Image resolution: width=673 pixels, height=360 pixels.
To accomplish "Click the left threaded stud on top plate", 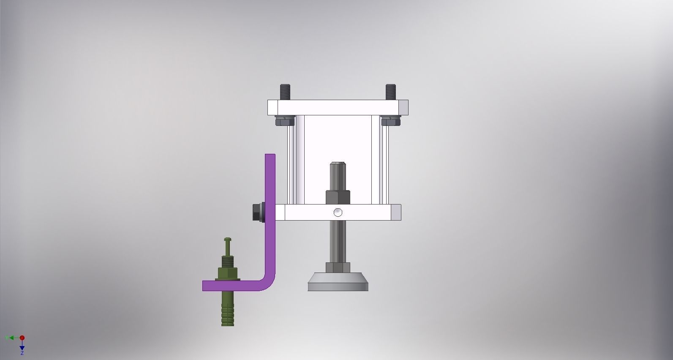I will pyautogui.click(x=285, y=92).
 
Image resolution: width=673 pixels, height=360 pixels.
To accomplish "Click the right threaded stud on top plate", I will pyautogui.click(x=391, y=92).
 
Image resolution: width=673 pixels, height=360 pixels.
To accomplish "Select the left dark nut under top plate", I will pyautogui.click(x=285, y=121).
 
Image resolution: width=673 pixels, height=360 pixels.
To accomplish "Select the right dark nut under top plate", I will pyautogui.click(x=391, y=121).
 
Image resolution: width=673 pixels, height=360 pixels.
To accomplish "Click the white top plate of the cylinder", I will pyautogui.click(x=338, y=107).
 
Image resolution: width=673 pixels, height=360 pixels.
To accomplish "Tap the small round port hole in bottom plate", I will pyautogui.click(x=338, y=213).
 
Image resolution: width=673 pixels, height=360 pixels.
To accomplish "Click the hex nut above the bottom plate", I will pyautogui.click(x=338, y=197).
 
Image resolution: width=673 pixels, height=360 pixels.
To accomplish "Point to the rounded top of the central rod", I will pyautogui.click(x=338, y=164).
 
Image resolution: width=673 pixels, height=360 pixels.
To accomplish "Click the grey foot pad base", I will pyautogui.click(x=338, y=283).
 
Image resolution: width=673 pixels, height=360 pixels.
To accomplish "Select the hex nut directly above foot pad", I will pyautogui.click(x=338, y=267).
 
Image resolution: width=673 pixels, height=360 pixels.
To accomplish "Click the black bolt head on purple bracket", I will pyautogui.click(x=257, y=213).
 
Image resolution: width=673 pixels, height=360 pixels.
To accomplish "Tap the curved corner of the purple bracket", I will pyautogui.click(x=268, y=283).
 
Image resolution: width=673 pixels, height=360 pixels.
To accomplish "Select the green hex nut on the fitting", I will pyautogui.click(x=227, y=273).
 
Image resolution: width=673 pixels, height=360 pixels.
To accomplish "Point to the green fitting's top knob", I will pyautogui.click(x=227, y=240).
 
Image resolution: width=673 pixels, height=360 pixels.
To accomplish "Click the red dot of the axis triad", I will pyautogui.click(x=22, y=338).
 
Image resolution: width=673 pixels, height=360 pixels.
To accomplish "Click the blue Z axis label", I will pyautogui.click(x=22, y=353).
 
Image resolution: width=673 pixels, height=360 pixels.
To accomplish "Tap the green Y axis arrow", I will pyautogui.click(x=9, y=338).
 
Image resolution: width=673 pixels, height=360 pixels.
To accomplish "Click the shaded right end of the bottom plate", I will pyautogui.click(x=396, y=213).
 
